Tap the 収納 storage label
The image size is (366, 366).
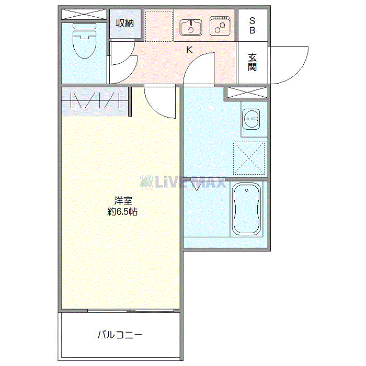[x=125, y=24]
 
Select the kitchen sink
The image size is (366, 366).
[x=191, y=28]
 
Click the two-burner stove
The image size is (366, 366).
[x=220, y=26]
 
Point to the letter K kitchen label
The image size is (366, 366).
[x=189, y=50]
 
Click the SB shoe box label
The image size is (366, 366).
[x=253, y=26]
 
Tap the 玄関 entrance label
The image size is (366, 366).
[x=253, y=62]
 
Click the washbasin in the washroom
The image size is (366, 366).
[x=251, y=119]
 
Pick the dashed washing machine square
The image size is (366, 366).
[x=249, y=158]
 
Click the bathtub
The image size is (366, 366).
[x=247, y=209]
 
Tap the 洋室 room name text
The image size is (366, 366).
[x=123, y=200]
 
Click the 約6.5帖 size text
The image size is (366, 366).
[x=122, y=212]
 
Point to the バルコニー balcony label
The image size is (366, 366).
[x=120, y=335]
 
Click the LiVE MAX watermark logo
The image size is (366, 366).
[x=183, y=182]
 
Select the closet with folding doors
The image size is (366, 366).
[x=95, y=101]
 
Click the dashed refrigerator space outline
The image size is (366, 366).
[x=159, y=26]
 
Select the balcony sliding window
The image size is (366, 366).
[x=131, y=311]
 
